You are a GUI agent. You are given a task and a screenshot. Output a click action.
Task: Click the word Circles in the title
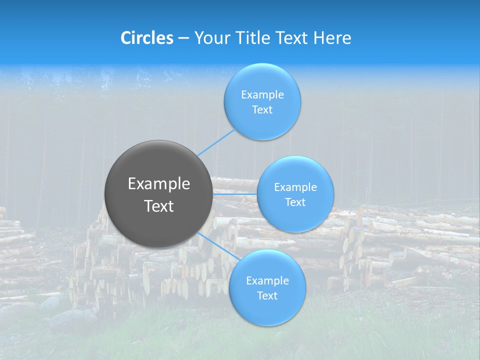pyautogui.click(x=147, y=38)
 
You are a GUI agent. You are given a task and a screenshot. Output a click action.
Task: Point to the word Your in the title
pyautogui.click(x=211, y=38)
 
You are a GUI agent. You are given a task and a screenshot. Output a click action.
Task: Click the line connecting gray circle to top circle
pyautogui.click(x=216, y=142)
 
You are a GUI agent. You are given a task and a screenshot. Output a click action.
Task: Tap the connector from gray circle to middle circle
pyautogui.click(x=235, y=194)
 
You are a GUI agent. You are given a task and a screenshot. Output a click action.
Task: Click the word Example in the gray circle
pyautogui.click(x=159, y=184)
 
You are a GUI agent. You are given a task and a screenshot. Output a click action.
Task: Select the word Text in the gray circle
pyautogui.click(x=159, y=206)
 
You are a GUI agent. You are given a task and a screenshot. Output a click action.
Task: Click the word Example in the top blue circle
pyautogui.click(x=262, y=94)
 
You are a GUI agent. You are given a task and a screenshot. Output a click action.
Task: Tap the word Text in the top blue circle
pyautogui.click(x=262, y=109)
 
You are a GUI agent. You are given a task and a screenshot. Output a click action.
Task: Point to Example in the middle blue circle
pyautogui.click(x=295, y=187)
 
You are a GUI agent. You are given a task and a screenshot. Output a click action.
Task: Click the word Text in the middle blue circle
pyautogui.click(x=295, y=202)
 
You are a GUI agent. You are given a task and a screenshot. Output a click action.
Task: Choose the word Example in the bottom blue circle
pyautogui.click(x=267, y=280)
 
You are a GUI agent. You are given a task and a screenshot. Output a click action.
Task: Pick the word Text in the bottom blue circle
pyautogui.click(x=267, y=295)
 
